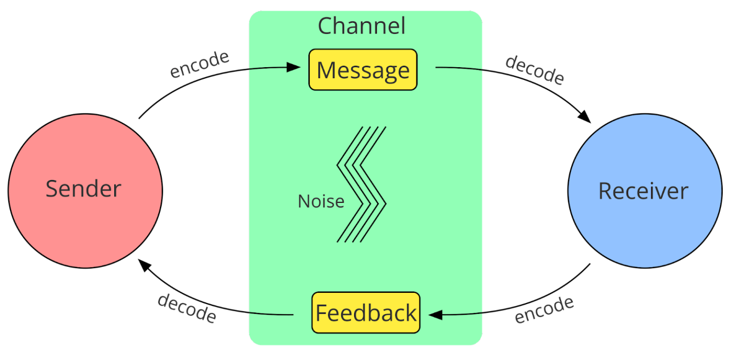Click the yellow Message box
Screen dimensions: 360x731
(363, 70)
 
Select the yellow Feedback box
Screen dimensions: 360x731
(365, 313)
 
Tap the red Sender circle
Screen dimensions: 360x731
(85, 190)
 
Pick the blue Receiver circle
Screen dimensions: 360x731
(644, 190)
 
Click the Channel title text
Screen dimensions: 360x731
(361, 26)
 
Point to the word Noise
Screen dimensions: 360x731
(321, 201)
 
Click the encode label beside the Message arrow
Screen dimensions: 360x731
(199, 64)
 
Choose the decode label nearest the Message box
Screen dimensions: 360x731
(534, 70)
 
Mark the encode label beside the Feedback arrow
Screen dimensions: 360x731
(544, 310)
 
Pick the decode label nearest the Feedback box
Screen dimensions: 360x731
(187, 308)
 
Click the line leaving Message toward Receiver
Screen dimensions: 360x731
(459, 68)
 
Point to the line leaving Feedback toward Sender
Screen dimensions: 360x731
(271, 314)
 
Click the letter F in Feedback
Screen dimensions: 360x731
(321, 313)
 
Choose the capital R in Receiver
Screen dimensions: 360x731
(605, 191)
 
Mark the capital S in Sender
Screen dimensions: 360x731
(51, 189)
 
